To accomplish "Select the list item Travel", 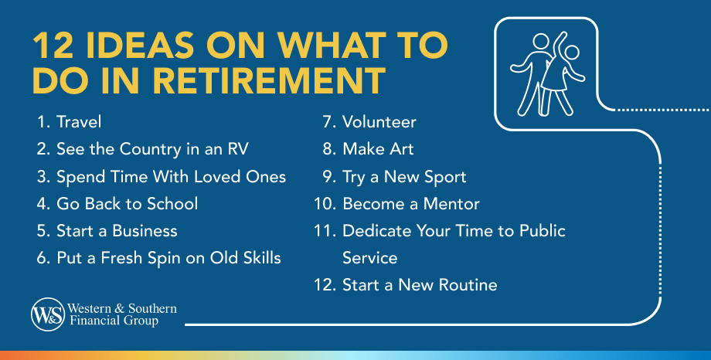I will (79, 122).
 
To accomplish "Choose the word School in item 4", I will (172, 204).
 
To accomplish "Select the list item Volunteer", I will (379, 122).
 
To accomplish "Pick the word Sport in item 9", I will (444, 177).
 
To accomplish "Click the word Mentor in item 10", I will (450, 204).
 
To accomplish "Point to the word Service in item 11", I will (369, 258).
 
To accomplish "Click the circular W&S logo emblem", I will (46, 314).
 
